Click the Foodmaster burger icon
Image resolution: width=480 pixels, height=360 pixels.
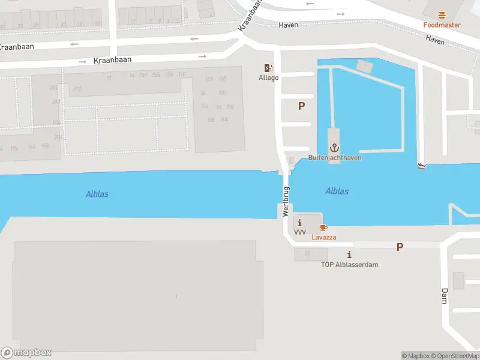click(442, 15)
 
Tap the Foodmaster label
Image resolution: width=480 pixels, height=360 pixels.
click(442, 25)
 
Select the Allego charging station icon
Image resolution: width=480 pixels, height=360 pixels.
click(268, 68)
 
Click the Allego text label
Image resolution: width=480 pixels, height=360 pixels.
click(268, 78)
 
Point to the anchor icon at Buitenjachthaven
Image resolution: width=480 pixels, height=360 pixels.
click(334, 148)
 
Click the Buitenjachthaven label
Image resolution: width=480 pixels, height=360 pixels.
click(334, 158)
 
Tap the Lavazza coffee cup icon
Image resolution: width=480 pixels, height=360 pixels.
click(323, 227)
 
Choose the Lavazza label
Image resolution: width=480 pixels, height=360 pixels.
click(323, 237)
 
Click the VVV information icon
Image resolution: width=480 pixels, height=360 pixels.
click(299, 223)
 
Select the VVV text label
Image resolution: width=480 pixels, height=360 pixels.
click(299, 232)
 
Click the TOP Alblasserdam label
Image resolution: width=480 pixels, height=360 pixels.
click(349, 265)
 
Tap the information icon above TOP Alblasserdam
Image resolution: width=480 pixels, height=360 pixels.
click(349, 255)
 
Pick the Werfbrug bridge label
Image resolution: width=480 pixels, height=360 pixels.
click(286, 201)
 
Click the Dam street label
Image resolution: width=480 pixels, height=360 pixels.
click(445, 295)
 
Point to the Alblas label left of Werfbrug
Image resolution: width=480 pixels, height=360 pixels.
click(97, 194)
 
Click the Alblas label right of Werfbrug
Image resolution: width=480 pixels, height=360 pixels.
click(337, 191)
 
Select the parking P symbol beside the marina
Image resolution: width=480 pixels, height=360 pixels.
click(301, 106)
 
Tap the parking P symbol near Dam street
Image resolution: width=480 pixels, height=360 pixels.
click(400, 247)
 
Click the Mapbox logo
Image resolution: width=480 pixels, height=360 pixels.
click(26, 353)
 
